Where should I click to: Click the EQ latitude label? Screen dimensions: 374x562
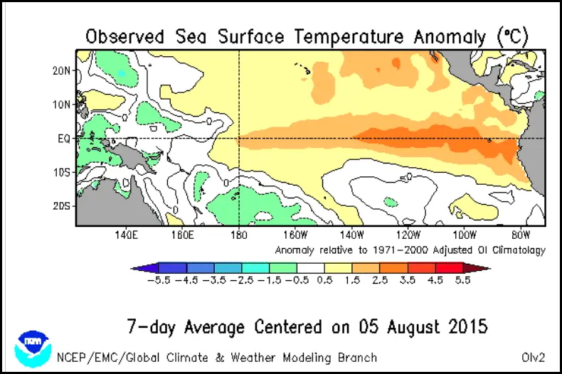click(x=63, y=139)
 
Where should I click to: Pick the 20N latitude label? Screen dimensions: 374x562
click(x=61, y=70)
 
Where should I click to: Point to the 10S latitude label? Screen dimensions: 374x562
click(x=61, y=172)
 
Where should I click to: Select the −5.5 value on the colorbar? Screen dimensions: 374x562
click(x=157, y=280)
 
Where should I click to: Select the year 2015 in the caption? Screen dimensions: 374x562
click(x=466, y=327)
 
